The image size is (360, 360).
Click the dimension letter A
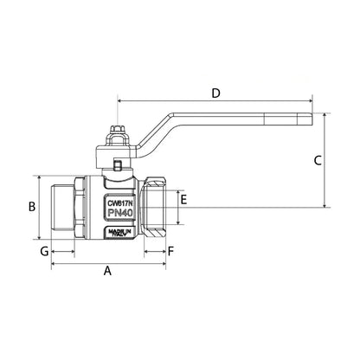pos(108,271)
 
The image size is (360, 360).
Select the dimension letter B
pos(30,207)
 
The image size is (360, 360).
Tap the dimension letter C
pos(318,160)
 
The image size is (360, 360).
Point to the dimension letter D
pos(215,92)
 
